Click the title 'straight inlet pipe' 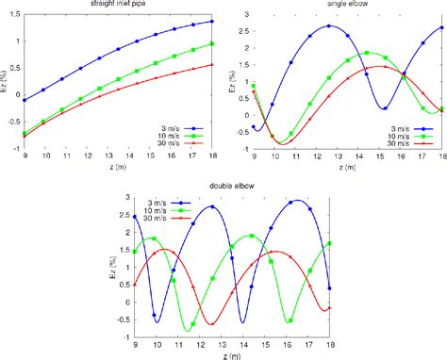tap(123, 5)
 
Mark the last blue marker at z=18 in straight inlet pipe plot tap(211, 21)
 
